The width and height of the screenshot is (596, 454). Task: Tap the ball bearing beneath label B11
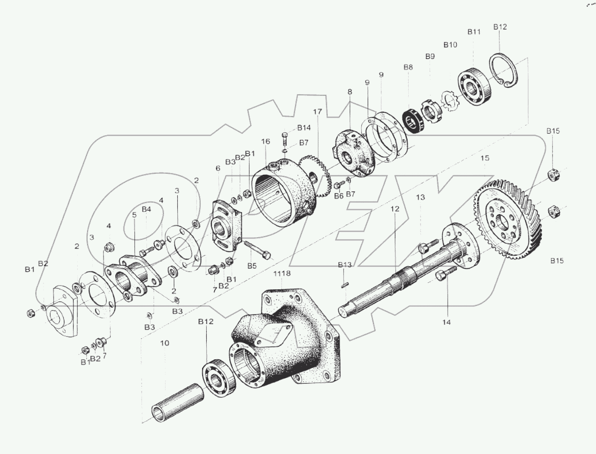point(472,87)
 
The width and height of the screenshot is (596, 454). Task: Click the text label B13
point(345,265)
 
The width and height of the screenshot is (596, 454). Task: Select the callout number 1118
point(282,273)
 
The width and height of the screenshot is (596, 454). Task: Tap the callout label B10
point(450,45)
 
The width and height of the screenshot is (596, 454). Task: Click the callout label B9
point(430,56)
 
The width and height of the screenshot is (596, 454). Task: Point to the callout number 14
point(446,322)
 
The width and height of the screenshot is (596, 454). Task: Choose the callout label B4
point(146,209)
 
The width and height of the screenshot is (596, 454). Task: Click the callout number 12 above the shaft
point(395,209)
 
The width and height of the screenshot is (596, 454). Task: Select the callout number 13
point(421,197)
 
